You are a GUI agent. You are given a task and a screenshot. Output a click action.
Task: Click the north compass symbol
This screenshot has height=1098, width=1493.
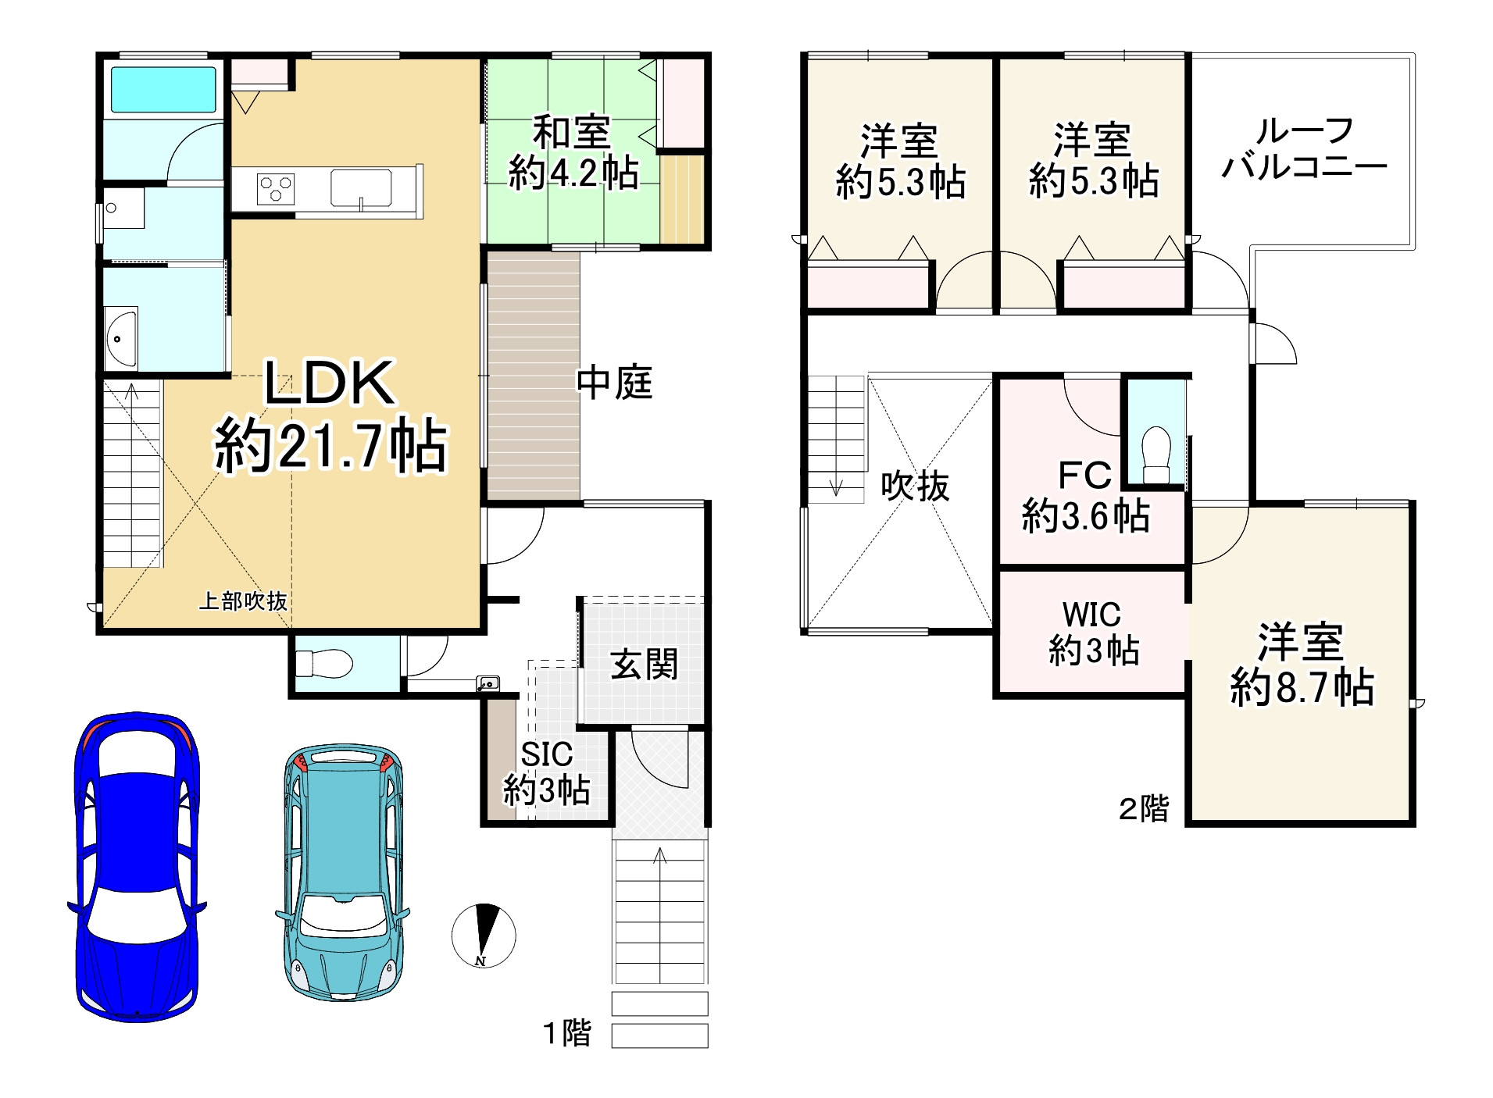click(484, 935)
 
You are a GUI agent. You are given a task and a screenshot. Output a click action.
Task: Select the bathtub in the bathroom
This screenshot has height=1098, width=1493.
click(163, 89)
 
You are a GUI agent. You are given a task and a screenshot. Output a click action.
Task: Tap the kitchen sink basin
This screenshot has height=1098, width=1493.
click(361, 187)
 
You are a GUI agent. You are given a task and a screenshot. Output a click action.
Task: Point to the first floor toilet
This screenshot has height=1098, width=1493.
click(324, 664)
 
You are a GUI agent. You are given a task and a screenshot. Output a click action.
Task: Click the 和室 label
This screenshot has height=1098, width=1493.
click(572, 134)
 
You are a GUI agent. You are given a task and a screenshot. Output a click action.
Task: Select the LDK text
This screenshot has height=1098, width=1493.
click(330, 383)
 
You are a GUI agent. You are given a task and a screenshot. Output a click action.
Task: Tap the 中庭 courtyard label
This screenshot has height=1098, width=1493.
click(614, 383)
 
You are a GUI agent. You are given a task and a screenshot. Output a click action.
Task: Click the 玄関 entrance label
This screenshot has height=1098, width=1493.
click(644, 665)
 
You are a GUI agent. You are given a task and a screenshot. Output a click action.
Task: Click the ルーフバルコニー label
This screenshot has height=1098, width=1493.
click(1304, 148)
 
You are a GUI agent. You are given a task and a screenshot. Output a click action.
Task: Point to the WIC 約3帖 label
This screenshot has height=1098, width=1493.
click(1092, 633)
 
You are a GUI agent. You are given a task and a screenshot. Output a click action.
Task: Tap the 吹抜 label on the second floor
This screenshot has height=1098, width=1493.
click(915, 486)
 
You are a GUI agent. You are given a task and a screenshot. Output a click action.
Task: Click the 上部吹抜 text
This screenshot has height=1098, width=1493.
click(243, 601)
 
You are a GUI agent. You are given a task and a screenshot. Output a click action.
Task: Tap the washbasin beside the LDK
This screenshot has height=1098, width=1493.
click(120, 339)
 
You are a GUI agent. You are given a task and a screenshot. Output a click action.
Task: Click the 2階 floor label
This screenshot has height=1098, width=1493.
click(1144, 808)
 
